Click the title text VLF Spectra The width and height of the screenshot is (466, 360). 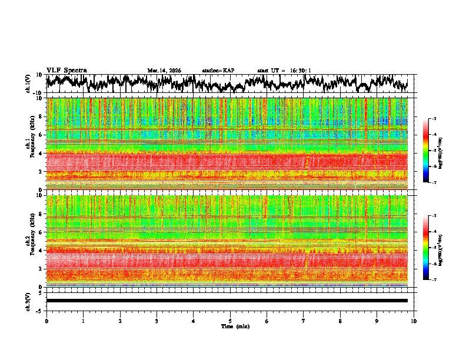click(x=66, y=70)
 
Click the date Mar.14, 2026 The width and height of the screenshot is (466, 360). click(x=164, y=71)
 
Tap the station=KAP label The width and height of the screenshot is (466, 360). click(x=218, y=71)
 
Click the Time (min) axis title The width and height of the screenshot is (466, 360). click(x=235, y=326)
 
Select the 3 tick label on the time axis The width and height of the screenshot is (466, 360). click(x=157, y=321)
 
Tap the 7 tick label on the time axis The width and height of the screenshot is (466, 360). click(x=304, y=321)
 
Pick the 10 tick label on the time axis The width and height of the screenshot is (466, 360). click(x=414, y=321)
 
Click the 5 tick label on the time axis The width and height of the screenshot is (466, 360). click(x=230, y=321)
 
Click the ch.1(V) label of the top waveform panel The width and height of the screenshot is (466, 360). click(x=29, y=84)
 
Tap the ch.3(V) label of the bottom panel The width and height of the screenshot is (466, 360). click(x=29, y=300)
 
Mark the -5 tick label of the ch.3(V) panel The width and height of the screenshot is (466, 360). click(x=40, y=310)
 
